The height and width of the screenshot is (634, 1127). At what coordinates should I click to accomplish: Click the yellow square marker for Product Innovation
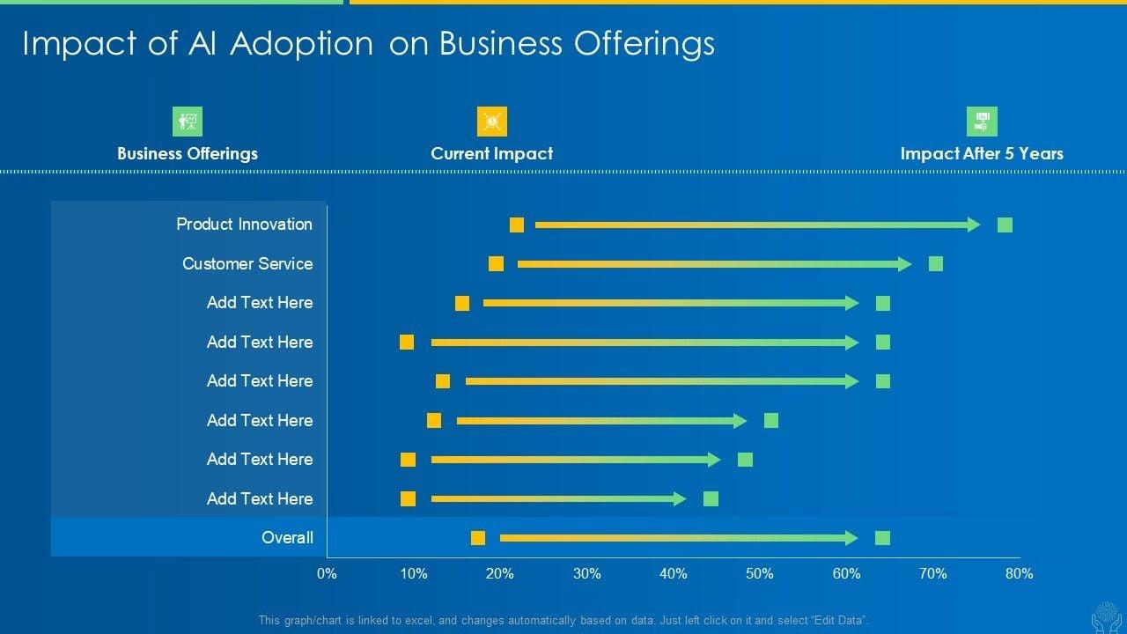517,225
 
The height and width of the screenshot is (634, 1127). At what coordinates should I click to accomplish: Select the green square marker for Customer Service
936,264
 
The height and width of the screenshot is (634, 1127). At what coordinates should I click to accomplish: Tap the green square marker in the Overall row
883,538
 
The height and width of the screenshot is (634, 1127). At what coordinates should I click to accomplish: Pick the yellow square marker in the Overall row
478,538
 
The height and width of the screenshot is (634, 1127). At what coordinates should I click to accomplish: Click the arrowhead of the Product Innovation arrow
974,225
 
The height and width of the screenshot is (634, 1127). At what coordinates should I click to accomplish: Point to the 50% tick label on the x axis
760,574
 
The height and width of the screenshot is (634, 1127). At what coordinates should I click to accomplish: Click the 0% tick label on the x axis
327,574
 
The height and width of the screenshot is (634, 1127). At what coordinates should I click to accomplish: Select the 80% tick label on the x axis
1020,574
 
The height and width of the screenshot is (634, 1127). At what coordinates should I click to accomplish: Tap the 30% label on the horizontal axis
586,574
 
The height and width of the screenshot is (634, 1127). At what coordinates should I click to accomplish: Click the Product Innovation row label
244,225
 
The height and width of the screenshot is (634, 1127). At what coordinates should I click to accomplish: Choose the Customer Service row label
247,264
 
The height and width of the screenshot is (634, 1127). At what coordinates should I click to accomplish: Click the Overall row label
287,538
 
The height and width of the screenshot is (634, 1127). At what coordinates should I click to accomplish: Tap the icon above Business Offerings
188,122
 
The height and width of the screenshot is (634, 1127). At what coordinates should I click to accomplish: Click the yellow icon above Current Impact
492,122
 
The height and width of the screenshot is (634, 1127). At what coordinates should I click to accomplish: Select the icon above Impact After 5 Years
982,122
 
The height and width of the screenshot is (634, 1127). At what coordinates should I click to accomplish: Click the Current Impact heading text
492,153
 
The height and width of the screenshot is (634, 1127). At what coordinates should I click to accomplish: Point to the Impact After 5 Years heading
982,153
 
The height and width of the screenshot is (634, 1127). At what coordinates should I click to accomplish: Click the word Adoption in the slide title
302,44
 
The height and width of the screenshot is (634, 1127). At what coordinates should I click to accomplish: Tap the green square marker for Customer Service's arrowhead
905,264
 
